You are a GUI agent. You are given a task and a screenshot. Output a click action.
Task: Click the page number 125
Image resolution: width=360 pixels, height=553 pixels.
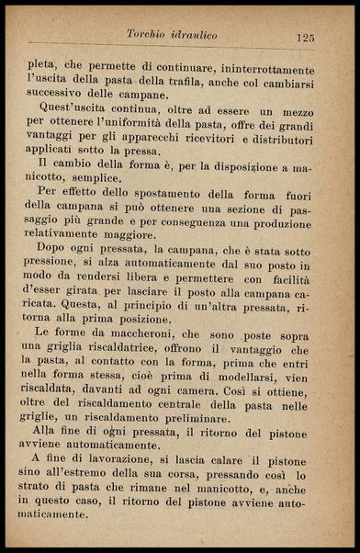click(306, 37)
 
